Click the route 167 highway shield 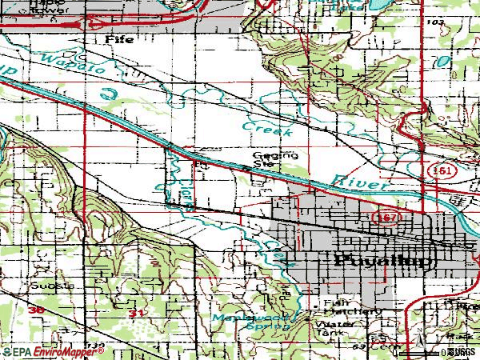click(381, 217)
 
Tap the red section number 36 click(34, 309)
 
